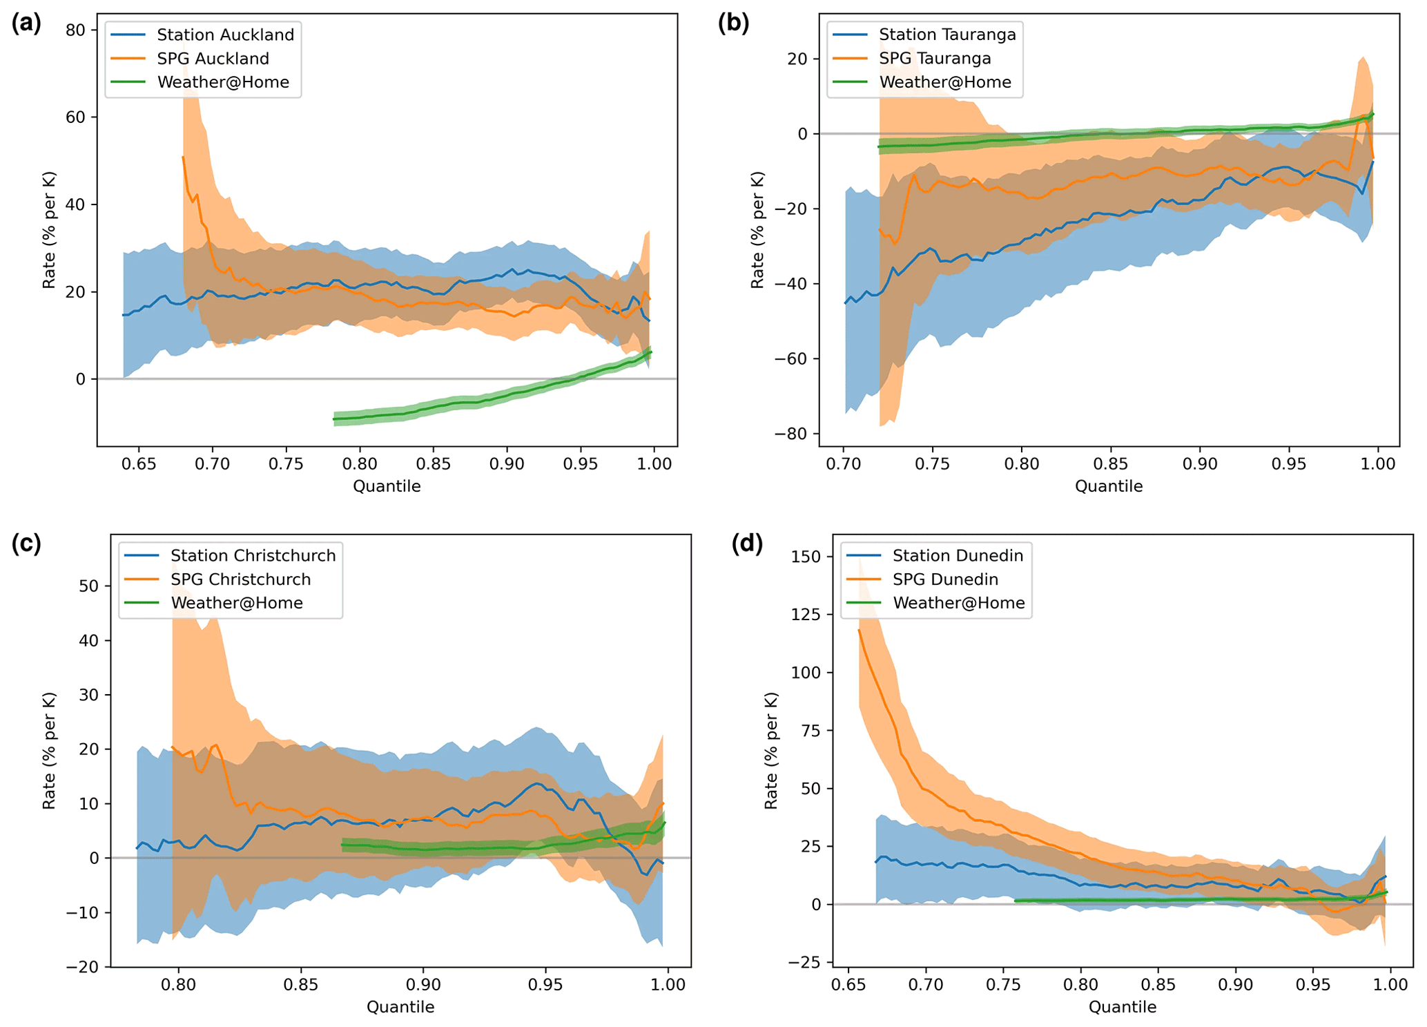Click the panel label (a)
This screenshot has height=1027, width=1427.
pyautogui.click(x=26, y=23)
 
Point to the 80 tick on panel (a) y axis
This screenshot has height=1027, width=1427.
pyautogui.click(x=77, y=30)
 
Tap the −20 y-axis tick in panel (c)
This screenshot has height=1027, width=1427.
pyautogui.click(x=82, y=967)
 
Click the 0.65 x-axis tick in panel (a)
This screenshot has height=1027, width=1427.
pyautogui.click(x=139, y=464)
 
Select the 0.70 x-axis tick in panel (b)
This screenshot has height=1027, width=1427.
pyautogui.click(x=844, y=464)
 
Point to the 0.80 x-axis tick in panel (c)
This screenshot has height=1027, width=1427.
pyautogui.click(x=179, y=985)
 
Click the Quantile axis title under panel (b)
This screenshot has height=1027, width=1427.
pyautogui.click(x=1108, y=486)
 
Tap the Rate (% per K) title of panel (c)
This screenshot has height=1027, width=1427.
pyautogui.click(x=49, y=751)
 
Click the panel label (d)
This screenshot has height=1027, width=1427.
pyautogui.click(x=747, y=544)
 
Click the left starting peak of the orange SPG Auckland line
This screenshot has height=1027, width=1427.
pyautogui.click(x=183, y=157)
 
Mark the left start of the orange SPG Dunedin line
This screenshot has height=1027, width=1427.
pyautogui.click(x=860, y=630)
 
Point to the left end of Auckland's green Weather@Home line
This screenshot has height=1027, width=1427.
pyautogui.click(x=334, y=419)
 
